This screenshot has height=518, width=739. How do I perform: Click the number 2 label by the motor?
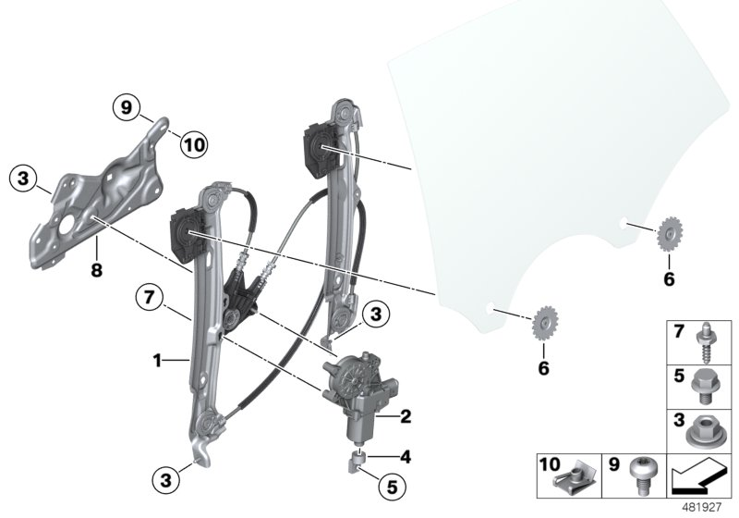click(x=405, y=417)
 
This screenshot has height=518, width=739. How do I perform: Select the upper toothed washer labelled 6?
click(x=669, y=235)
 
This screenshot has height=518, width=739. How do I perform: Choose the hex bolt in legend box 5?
click(x=707, y=385)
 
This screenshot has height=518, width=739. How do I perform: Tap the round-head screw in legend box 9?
click(x=640, y=475)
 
